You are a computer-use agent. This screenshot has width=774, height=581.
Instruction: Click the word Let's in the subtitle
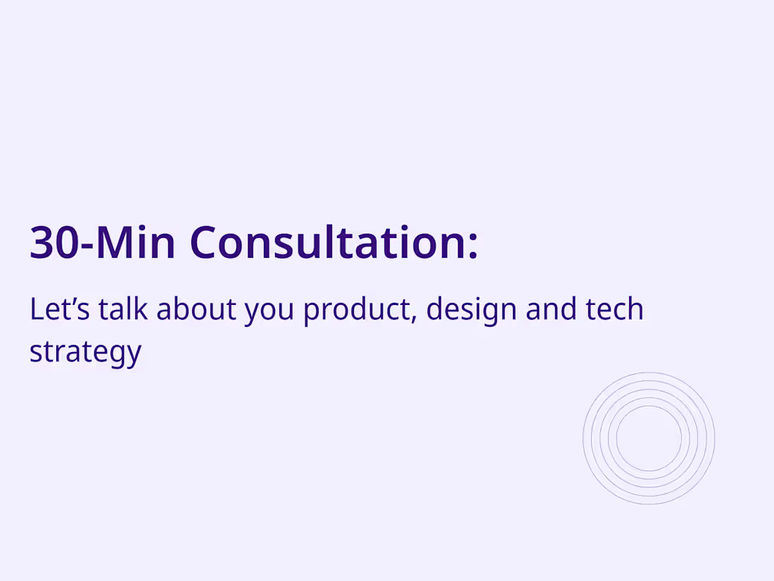pyautogui.click(x=59, y=310)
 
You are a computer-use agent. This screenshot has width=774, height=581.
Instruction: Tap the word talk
pyautogui.click(x=123, y=310)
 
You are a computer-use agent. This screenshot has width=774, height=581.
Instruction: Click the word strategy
pyautogui.click(x=85, y=352)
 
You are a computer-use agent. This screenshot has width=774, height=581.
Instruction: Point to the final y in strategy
pyautogui.click(x=134, y=355)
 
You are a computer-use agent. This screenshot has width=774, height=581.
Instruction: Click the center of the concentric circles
pyautogui.click(x=649, y=438)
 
